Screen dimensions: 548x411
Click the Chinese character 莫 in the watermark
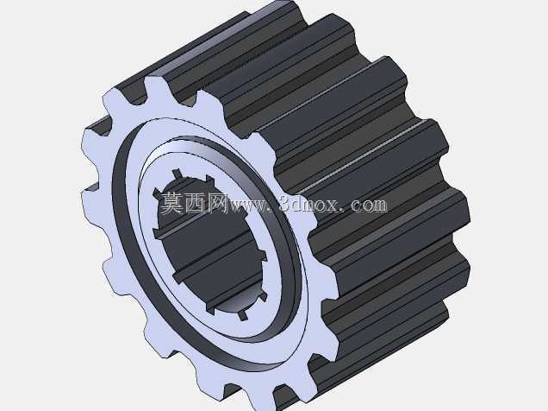(171, 203)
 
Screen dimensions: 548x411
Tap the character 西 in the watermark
(195, 203)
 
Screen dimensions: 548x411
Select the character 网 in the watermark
(217, 203)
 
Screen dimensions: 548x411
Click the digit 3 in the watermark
(285, 204)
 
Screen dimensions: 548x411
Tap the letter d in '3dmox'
(297, 204)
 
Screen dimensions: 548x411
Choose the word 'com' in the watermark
(370, 206)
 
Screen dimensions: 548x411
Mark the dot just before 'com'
(346, 211)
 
